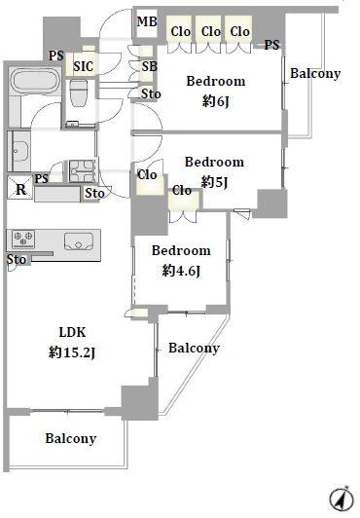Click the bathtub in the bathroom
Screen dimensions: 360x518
[x=35, y=81]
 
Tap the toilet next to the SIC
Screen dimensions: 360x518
[x=78, y=92]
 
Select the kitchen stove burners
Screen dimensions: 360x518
[x=23, y=239]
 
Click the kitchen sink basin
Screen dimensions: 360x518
[x=79, y=241]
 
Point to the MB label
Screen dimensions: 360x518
[x=147, y=22]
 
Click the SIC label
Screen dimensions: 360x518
[x=83, y=66]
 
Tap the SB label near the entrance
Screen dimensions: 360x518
[x=150, y=67]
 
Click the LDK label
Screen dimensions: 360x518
[x=72, y=332]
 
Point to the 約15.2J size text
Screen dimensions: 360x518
[x=72, y=352]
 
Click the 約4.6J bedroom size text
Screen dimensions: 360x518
[x=181, y=271]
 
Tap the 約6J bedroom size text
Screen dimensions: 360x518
[x=215, y=101]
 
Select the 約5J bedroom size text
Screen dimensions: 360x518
[x=214, y=182]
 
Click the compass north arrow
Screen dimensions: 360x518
[x=340, y=498]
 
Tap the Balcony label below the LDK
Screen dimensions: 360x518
[x=71, y=438]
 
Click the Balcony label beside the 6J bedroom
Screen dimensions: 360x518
[x=315, y=73]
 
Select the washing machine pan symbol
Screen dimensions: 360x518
[x=83, y=170]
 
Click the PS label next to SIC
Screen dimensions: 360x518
[x=56, y=55]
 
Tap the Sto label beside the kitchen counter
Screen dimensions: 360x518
[x=17, y=259]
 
